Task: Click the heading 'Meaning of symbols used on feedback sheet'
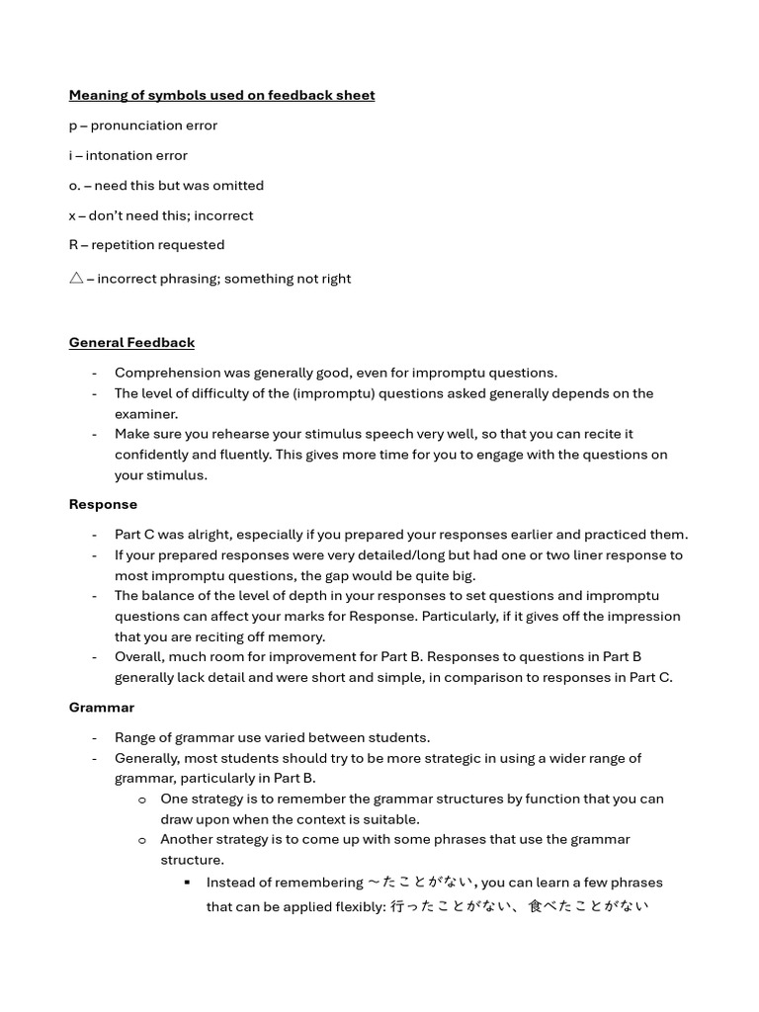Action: pos(221,95)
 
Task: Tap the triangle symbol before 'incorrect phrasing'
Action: pos(76,279)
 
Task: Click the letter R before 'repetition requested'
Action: pos(73,245)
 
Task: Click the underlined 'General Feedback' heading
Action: pos(131,342)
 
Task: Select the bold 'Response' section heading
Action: pos(103,504)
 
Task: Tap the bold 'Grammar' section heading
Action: pos(101,708)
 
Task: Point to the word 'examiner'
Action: pos(145,414)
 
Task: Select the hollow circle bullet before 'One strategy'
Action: pos(142,800)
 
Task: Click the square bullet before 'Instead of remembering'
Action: pos(188,882)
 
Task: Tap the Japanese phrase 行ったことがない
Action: pos(451,906)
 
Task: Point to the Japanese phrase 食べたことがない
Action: pos(588,906)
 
